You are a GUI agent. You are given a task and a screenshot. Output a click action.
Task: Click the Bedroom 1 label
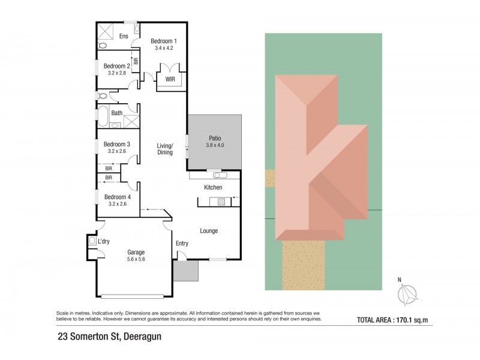[164, 41]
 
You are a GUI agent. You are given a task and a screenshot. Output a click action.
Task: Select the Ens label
[124, 37]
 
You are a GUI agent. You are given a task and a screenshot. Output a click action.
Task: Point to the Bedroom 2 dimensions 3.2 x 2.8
[117, 73]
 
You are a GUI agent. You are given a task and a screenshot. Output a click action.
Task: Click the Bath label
[116, 113]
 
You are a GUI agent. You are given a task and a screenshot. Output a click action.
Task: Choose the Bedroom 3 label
[117, 144]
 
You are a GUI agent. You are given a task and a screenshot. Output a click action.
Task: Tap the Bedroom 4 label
[117, 197]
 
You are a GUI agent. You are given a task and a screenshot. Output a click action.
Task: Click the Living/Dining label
[165, 149]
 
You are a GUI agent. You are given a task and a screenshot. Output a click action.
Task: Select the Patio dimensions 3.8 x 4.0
[214, 145]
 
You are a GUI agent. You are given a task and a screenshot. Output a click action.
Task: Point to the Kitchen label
[213, 188]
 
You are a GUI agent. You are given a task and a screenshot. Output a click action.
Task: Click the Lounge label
[209, 231]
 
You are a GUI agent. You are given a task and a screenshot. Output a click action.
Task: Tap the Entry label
[182, 243]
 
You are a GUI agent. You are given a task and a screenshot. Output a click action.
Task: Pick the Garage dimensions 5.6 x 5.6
[136, 259]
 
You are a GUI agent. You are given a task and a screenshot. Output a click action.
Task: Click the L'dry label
[104, 241]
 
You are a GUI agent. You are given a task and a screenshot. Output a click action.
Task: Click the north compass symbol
[408, 294]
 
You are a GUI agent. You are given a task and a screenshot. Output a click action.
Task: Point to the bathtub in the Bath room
[102, 115]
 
